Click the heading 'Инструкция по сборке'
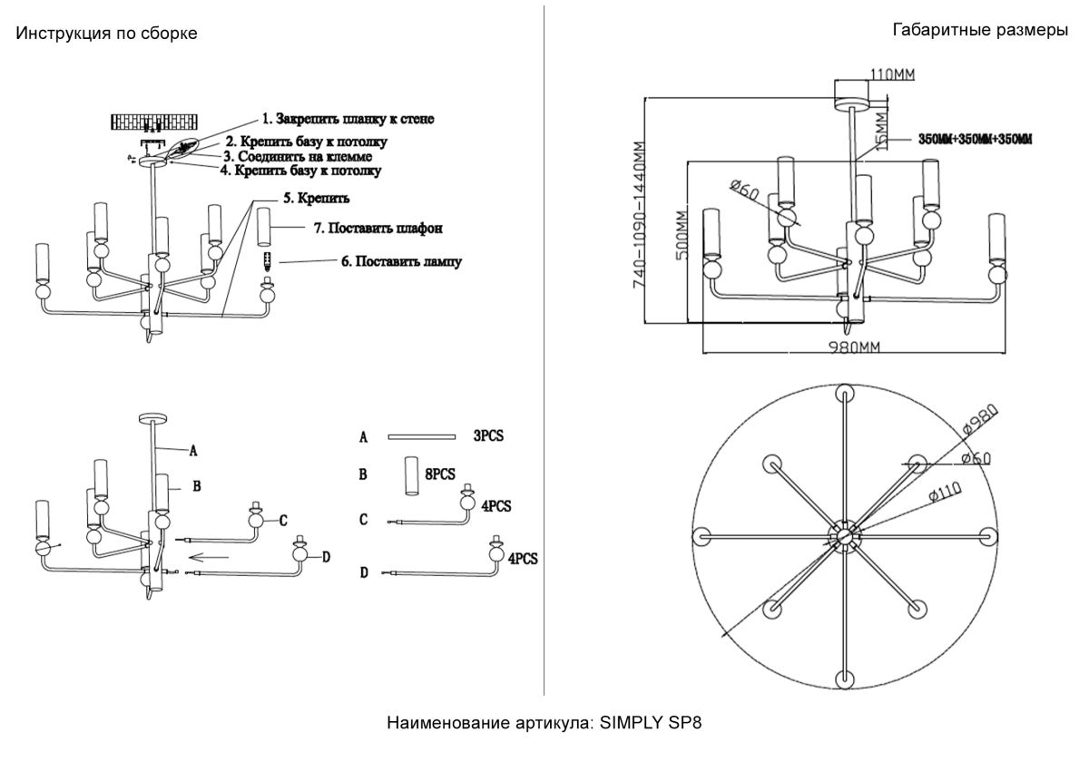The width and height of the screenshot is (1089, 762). point(106,34)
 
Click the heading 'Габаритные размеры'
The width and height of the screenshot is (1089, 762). point(980,30)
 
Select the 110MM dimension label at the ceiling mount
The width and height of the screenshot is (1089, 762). point(891,73)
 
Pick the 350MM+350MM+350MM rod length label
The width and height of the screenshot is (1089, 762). point(975,140)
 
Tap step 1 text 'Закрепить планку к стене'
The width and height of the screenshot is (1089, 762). point(349,119)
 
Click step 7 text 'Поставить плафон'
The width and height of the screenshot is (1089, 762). point(378,228)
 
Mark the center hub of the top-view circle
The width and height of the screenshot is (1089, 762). point(844,536)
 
